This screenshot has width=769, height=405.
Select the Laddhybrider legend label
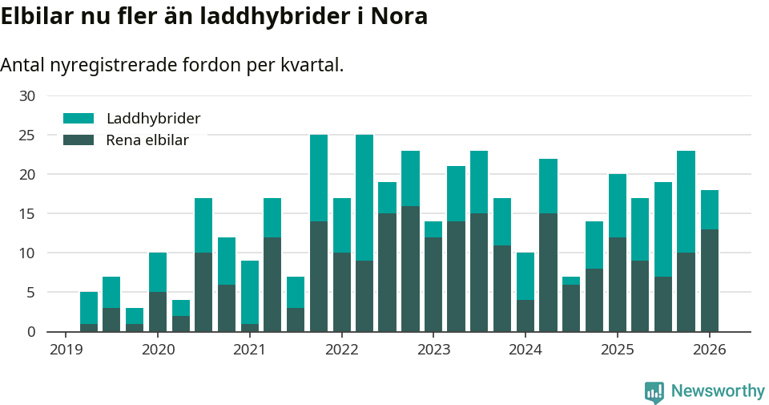pyautogui.click(x=153, y=119)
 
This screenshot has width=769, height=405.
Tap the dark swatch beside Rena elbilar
pyautogui.click(x=79, y=140)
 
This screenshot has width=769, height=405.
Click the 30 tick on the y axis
pyautogui.click(x=27, y=96)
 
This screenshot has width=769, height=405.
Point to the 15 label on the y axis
pyautogui.click(x=27, y=214)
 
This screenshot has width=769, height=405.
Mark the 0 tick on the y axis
pyautogui.click(x=31, y=332)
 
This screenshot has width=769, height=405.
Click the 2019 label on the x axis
pyautogui.click(x=66, y=350)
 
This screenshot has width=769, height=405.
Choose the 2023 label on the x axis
pyautogui.click(x=433, y=350)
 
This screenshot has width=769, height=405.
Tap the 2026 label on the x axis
pyautogui.click(x=709, y=350)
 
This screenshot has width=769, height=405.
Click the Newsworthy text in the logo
pyautogui.click(x=718, y=391)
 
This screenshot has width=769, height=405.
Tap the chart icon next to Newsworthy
pyautogui.click(x=654, y=392)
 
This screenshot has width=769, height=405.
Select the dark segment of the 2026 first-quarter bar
pyautogui.click(x=710, y=281)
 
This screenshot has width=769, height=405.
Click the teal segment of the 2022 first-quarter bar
pyautogui.click(x=342, y=225)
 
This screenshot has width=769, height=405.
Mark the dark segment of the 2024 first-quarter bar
pyautogui.click(x=525, y=316)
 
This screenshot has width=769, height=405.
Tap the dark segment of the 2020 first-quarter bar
pyautogui.click(x=158, y=312)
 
